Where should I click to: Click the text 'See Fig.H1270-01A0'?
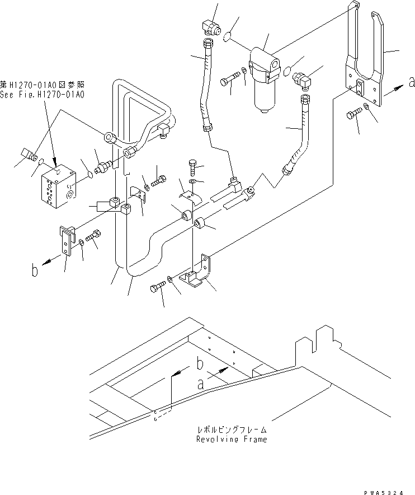pos(43,95)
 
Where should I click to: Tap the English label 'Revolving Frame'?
pos(231,439)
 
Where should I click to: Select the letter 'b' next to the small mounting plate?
pos(35,273)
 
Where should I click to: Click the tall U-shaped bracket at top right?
pos(366,62)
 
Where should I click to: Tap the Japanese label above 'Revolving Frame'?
pos(231,429)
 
